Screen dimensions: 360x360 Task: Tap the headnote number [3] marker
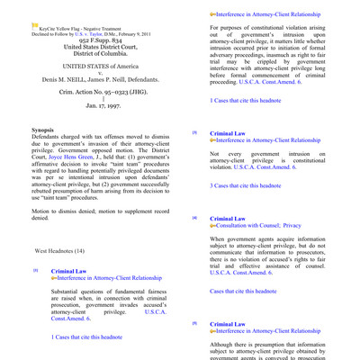click(x=193, y=132)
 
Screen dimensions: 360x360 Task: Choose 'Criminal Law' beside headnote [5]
click(x=227, y=322)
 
